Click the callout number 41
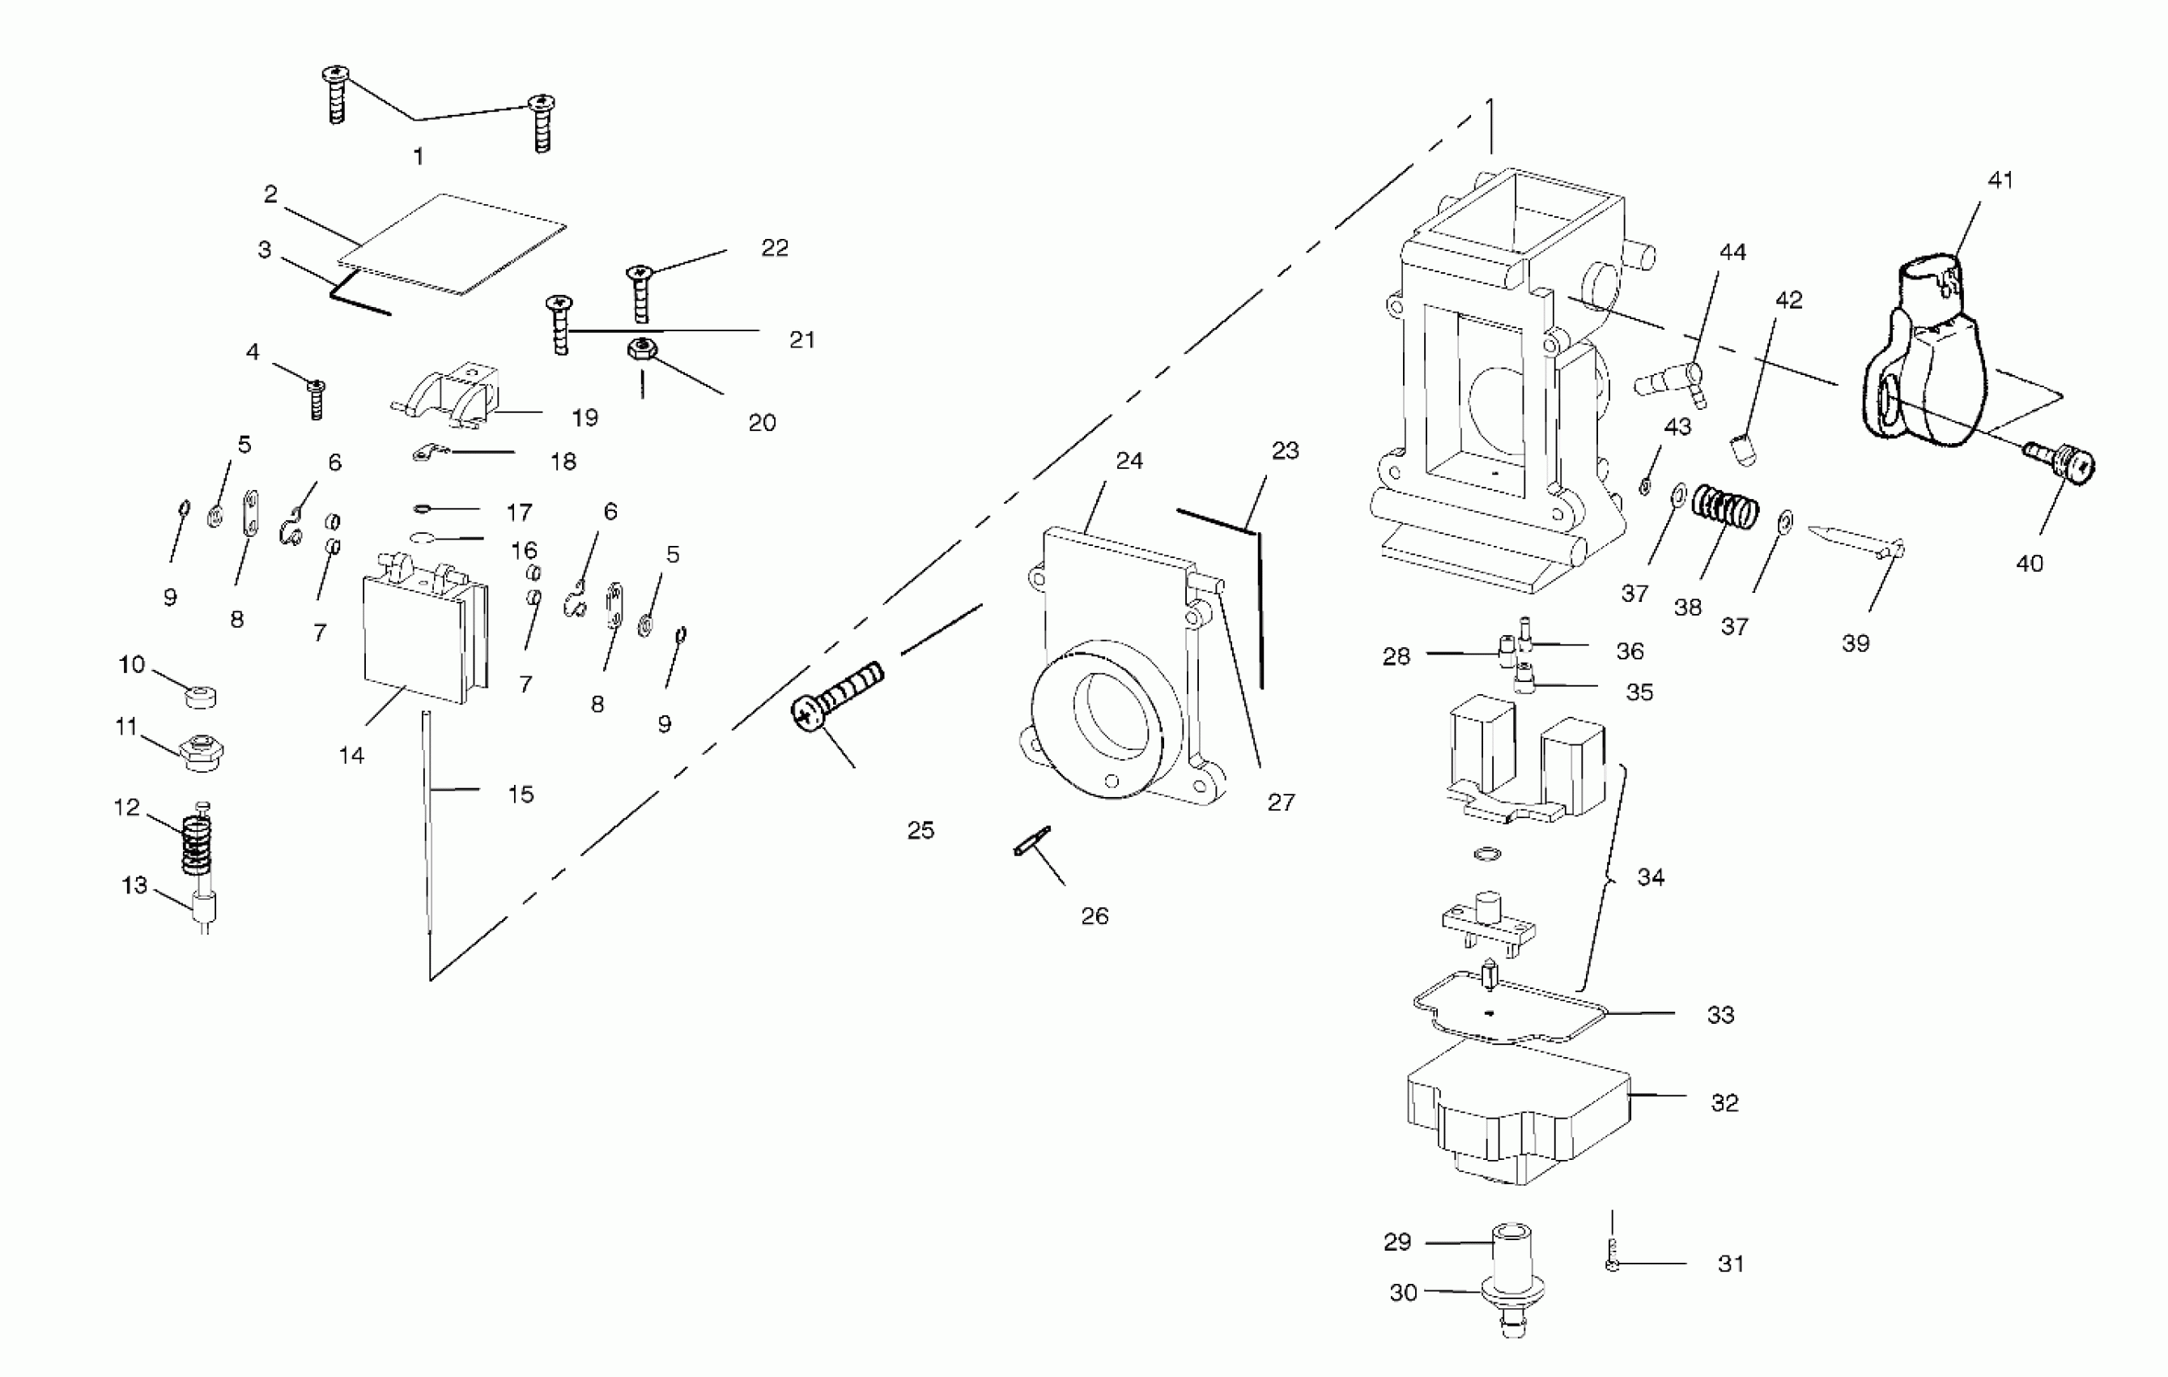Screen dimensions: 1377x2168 click(x=2000, y=180)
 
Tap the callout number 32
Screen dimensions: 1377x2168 click(x=1724, y=1103)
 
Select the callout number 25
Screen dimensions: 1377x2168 click(x=920, y=830)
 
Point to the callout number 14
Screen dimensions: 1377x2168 click(x=351, y=756)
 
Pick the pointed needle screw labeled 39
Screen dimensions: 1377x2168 click(x=1855, y=540)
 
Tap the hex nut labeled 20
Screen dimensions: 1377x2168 click(x=641, y=347)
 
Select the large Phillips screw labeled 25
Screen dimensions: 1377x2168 click(x=837, y=693)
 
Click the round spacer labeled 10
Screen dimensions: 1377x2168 click(x=201, y=696)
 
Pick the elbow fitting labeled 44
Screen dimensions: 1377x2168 click(x=1671, y=384)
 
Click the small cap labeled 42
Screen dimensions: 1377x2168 click(x=1745, y=449)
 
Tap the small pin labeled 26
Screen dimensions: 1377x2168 click(x=1031, y=840)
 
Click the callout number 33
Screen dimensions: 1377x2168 click(x=1720, y=1015)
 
